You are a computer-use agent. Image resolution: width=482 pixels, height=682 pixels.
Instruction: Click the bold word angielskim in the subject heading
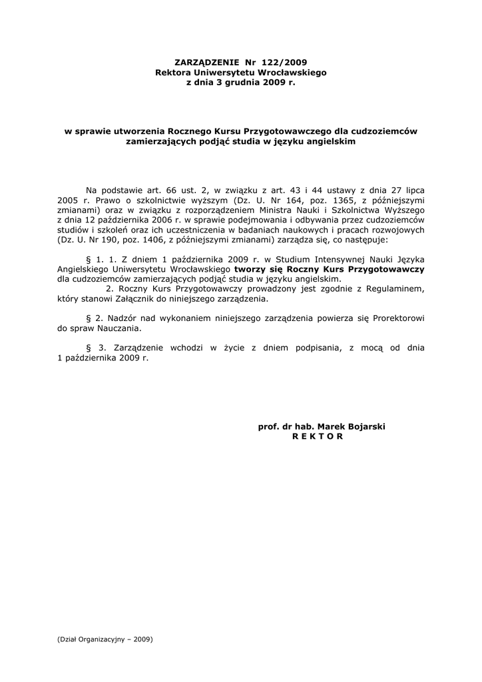pos(324,142)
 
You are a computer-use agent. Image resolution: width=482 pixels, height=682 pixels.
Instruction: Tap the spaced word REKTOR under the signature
pos(317,436)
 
